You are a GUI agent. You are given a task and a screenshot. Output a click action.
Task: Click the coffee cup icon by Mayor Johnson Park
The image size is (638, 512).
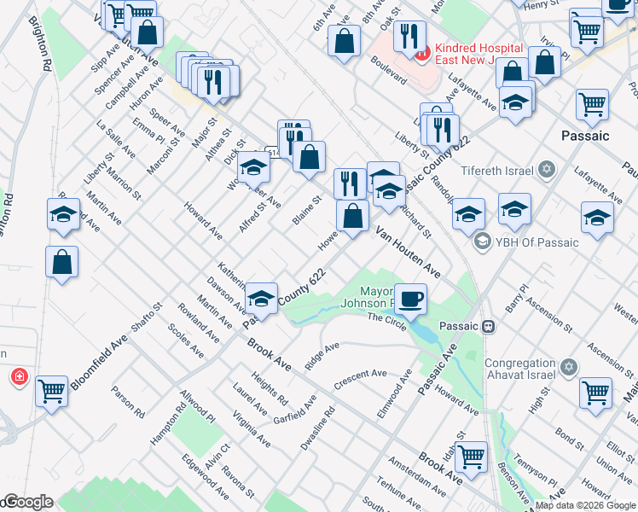click(x=410, y=299)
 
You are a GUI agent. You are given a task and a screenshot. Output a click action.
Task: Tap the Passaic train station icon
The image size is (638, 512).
click(x=490, y=326)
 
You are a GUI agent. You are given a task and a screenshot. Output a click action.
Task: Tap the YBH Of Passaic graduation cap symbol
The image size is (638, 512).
click(x=483, y=241)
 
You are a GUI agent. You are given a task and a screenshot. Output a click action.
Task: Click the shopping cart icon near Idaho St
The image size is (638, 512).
click(x=470, y=457)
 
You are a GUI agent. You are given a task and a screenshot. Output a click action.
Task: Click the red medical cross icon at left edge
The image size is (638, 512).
click(x=19, y=376)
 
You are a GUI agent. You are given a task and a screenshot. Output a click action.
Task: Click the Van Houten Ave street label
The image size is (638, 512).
click(x=407, y=252)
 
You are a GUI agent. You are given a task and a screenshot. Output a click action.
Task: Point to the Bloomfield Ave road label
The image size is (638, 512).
click(x=99, y=362)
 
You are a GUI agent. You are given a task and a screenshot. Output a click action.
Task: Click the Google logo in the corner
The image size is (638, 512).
click(x=27, y=503)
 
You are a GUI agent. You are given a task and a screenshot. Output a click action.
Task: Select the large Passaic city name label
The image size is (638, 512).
click(x=585, y=136)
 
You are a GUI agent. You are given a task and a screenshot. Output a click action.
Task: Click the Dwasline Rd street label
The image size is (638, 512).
click(x=317, y=428)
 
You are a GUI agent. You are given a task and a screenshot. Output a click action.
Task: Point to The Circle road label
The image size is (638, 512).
click(x=387, y=317)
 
